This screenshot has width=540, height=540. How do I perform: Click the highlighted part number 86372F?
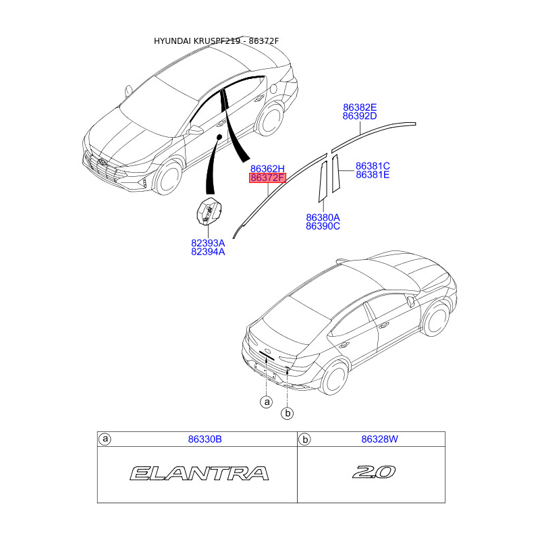pyautogui.click(x=268, y=178)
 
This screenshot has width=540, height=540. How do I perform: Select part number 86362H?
pyautogui.click(x=268, y=169)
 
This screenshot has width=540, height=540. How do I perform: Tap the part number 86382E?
pyautogui.click(x=359, y=107)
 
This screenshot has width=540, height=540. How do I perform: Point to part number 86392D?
pyautogui.click(x=359, y=116)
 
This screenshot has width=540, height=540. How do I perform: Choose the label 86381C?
pyautogui.click(x=373, y=166)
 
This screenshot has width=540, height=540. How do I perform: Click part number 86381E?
pyautogui.click(x=373, y=175)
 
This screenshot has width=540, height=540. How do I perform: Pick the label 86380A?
pyautogui.click(x=323, y=217)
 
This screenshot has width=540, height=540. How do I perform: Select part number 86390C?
pyautogui.click(x=323, y=226)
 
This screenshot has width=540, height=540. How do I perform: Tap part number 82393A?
pyautogui.click(x=208, y=242)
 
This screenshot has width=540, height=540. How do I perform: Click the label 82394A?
pyautogui.click(x=208, y=251)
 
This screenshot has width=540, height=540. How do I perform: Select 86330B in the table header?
pyautogui.click(x=205, y=439)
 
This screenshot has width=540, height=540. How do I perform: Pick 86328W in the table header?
pyautogui.click(x=379, y=439)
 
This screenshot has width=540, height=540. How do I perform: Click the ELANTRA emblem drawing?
pyautogui.click(x=198, y=473)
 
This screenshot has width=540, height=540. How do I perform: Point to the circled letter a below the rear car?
pyautogui.click(x=267, y=402)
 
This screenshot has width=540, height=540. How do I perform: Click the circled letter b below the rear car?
pyautogui.click(x=288, y=413)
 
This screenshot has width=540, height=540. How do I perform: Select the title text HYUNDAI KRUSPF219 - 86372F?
pyautogui.click(x=216, y=41)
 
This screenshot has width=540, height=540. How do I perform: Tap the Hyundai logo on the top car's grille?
pyautogui.click(x=101, y=163)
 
